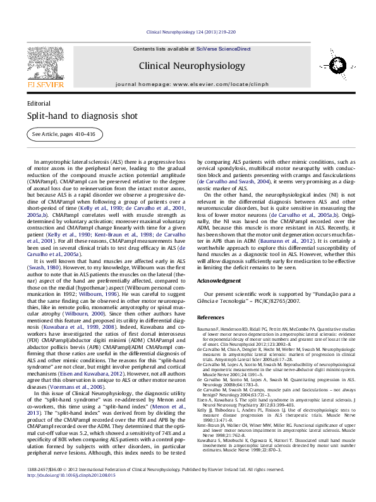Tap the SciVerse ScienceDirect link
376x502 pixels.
[x=223, y=49]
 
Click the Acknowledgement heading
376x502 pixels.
[x=219, y=280]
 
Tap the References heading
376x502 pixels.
[x=210, y=317]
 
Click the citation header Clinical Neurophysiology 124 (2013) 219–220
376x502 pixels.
[x=191, y=32]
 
